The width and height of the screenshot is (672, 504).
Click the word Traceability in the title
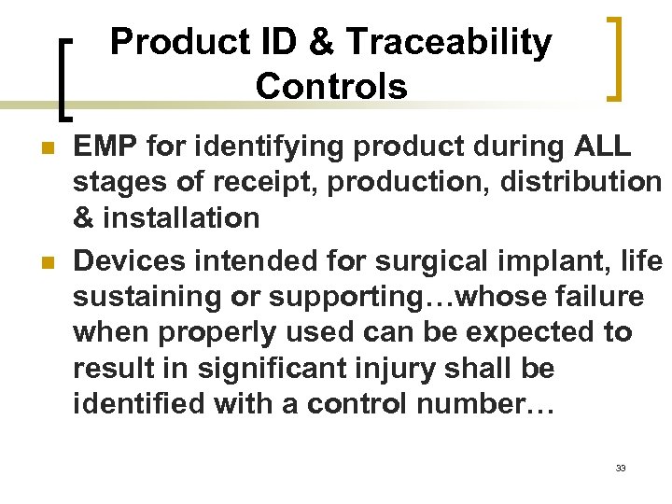pyautogui.click(x=449, y=42)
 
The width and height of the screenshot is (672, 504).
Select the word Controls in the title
pyautogui.click(x=330, y=86)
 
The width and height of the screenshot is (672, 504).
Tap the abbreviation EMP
pyautogui.click(x=105, y=147)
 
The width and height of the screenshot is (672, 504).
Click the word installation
pyautogui.click(x=179, y=218)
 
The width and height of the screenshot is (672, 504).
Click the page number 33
pyautogui.click(x=620, y=468)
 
